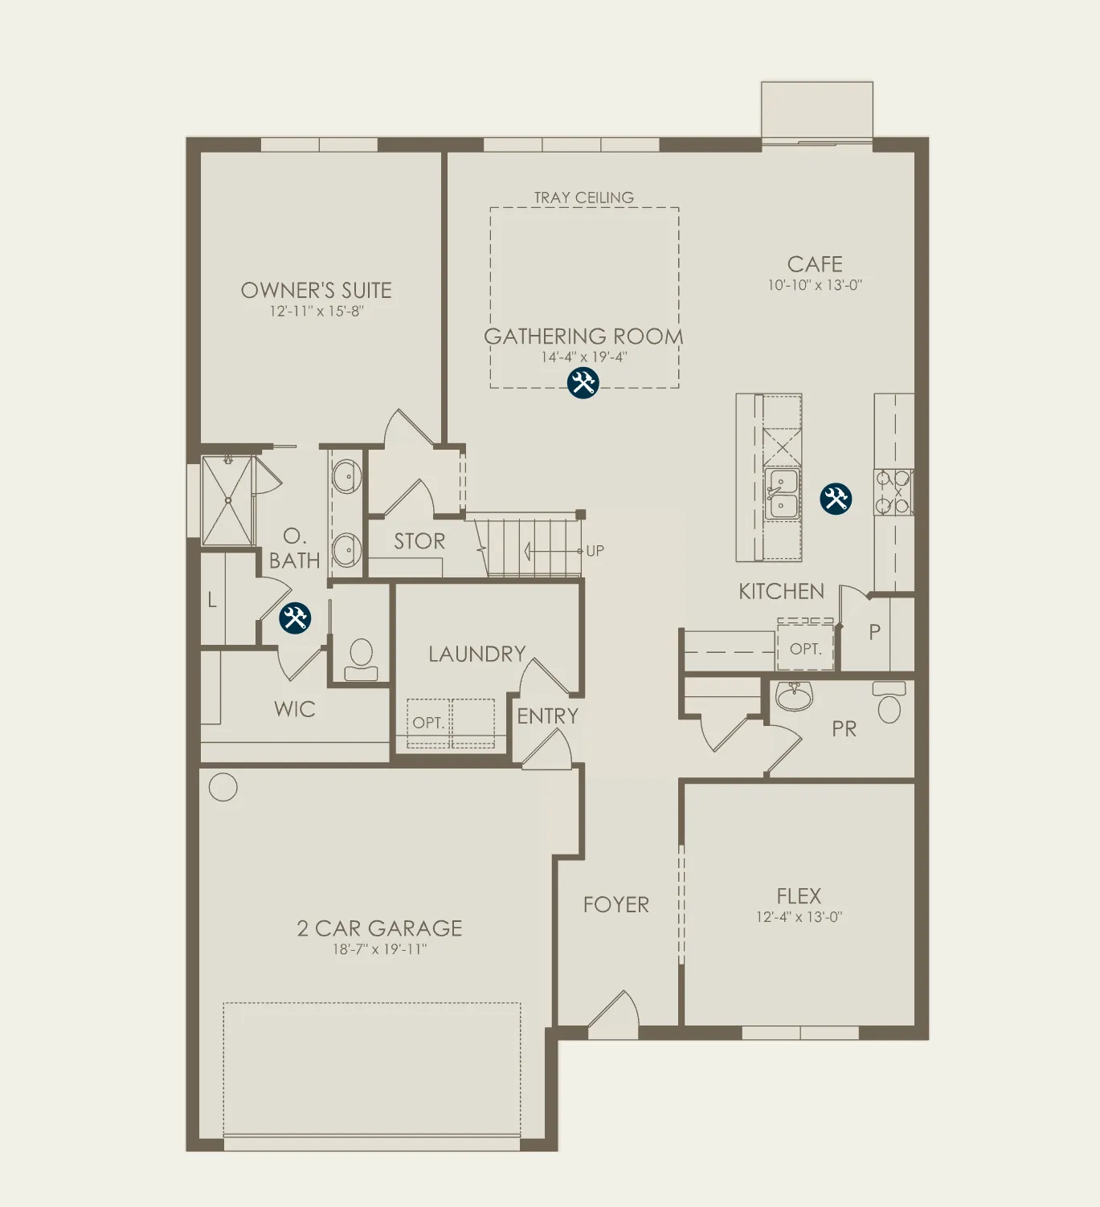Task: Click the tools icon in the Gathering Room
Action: click(x=583, y=383)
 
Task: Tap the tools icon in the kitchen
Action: click(x=835, y=498)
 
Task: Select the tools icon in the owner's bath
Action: click(x=294, y=618)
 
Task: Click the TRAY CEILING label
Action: click(x=583, y=198)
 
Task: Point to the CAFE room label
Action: click(x=815, y=264)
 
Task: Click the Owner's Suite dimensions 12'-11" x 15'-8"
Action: click(x=317, y=311)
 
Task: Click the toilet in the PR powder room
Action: click(x=889, y=702)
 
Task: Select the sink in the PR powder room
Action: click(x=794, y=697)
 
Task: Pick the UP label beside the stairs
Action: click(x=595, y=551)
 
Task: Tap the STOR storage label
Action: click(x=419, y=541)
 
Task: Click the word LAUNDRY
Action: click(x=476, y=654)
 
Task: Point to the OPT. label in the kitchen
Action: click(x=805, y=649)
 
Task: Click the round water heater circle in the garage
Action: click(x=223, y=787)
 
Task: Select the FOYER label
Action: click(x=616, y=904)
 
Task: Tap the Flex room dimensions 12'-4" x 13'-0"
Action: click(x=799, y=917)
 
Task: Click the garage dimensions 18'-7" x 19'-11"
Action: click(x=379, y=949)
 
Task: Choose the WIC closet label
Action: click(x=294, y=709)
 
